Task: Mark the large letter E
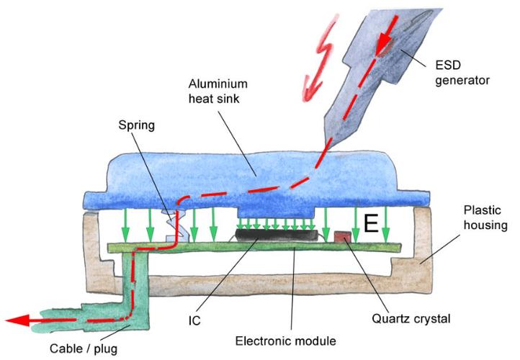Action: (x=370, y=225)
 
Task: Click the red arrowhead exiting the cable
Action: (x=16, y=320)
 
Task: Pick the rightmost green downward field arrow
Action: (x=387, y=222)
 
